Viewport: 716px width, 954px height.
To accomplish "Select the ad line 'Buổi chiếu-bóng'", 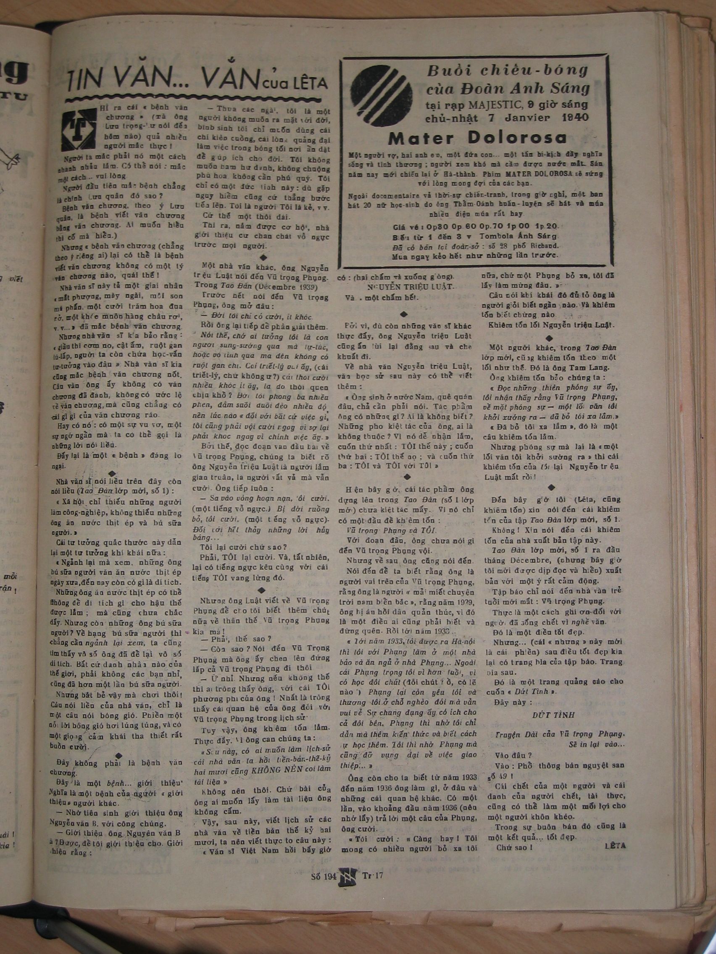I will pos(507,70).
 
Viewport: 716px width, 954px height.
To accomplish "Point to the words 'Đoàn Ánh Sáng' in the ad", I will pos(534,88).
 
